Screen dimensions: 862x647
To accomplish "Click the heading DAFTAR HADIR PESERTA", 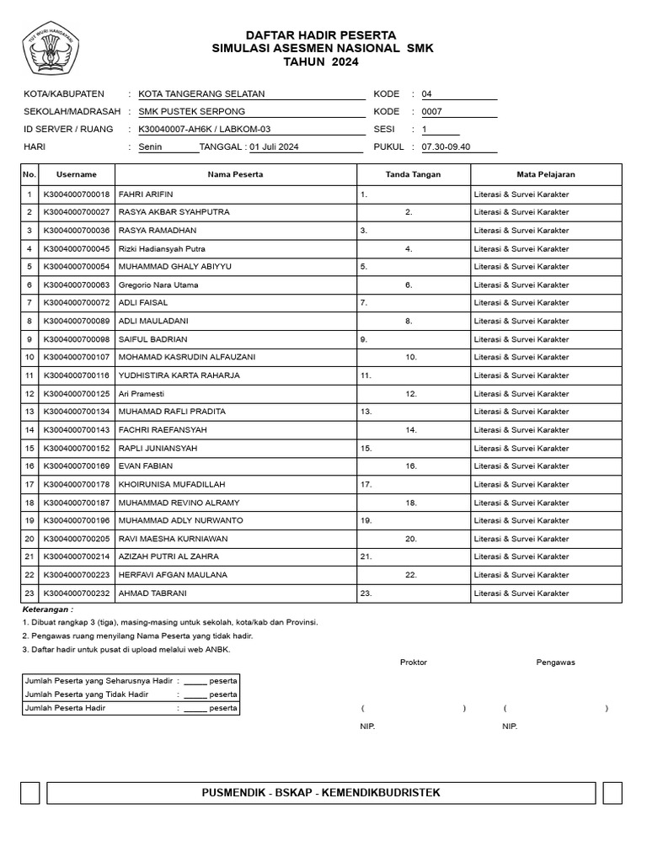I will (x=320, y=35).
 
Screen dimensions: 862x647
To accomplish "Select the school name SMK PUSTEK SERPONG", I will (x=191, y=112).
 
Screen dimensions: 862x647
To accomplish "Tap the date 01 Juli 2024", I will (x=274, y=147).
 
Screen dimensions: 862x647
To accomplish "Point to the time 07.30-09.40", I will (x=446, y=147).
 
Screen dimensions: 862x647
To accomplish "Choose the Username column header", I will (x=77, y=174).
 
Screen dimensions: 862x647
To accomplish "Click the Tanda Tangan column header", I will (x=413, y=174).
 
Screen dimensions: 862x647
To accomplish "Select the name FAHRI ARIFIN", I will (x=146, y=194).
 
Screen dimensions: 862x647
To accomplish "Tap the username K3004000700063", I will (x=77, y=285).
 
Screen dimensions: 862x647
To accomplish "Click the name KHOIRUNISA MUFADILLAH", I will (x=168, y=484).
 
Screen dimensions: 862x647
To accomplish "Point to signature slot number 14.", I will (x=411, y=430).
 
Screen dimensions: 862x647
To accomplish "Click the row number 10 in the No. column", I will (x=29, y=357).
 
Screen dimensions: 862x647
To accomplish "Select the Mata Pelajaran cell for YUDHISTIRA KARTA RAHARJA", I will (x=521, y=375).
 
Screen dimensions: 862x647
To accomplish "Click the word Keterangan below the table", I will (x=47, y=609).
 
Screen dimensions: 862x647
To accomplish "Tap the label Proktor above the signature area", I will (x=413, y=662).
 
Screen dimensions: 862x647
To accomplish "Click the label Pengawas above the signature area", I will (x=555, y=662).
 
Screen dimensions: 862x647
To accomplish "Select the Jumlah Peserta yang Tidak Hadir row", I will (x=131, y=694).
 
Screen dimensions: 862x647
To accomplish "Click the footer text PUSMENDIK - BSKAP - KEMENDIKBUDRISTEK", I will (x=321, y=793).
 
